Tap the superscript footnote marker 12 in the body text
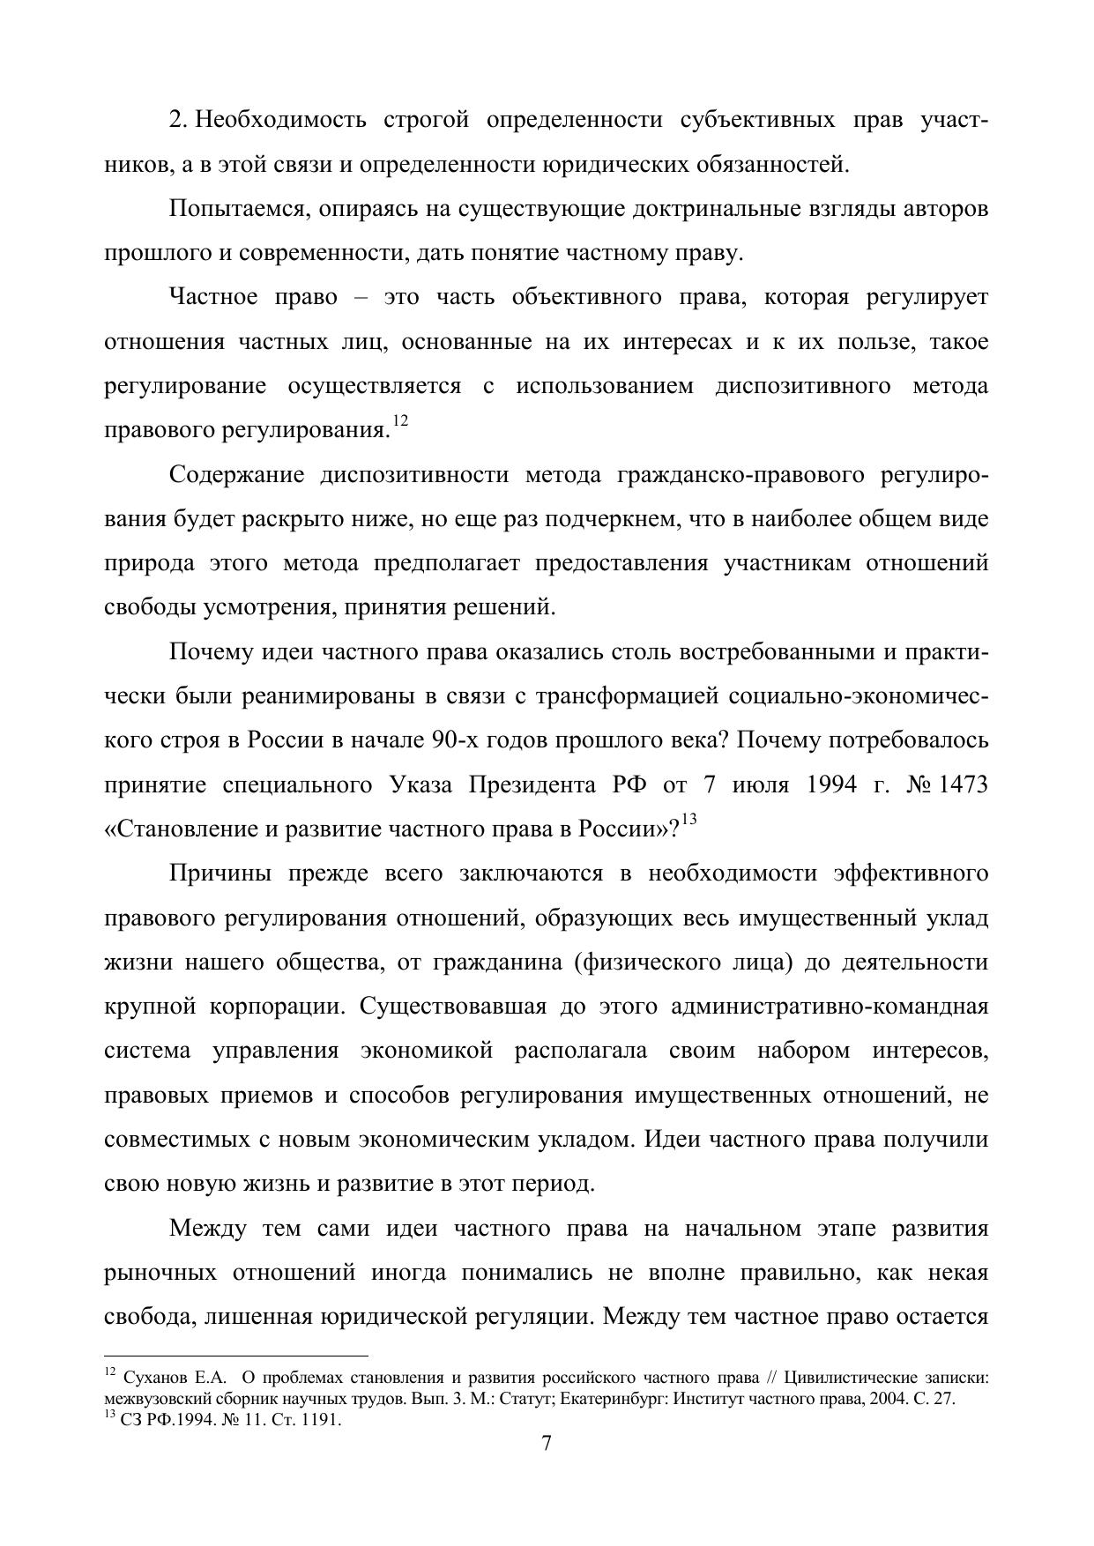point(400,422)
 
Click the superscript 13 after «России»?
point(689,820)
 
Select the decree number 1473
point(964,784)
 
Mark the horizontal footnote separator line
point(235,1356)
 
